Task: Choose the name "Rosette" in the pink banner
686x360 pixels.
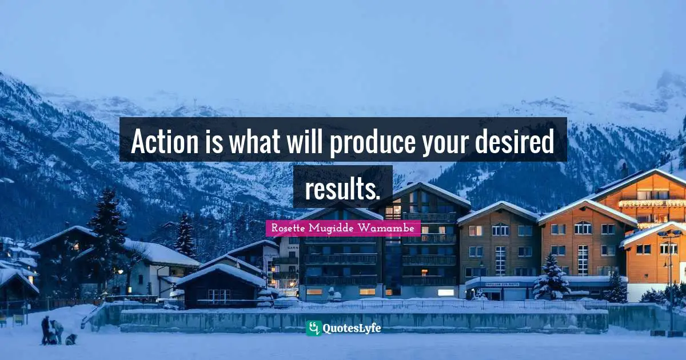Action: click(x=289, y=229)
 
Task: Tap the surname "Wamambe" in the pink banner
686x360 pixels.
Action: click(x=393, y=229)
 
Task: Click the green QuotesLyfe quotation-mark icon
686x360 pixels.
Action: click(x=313, y=328)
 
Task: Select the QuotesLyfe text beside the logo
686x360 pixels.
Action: click(x=352, y=328)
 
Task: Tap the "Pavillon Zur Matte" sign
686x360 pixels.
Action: click(x=502, y=284)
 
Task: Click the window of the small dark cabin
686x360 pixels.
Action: click(x=218, y=294)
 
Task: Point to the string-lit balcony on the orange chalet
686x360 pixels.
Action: click(x=652, y=203)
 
